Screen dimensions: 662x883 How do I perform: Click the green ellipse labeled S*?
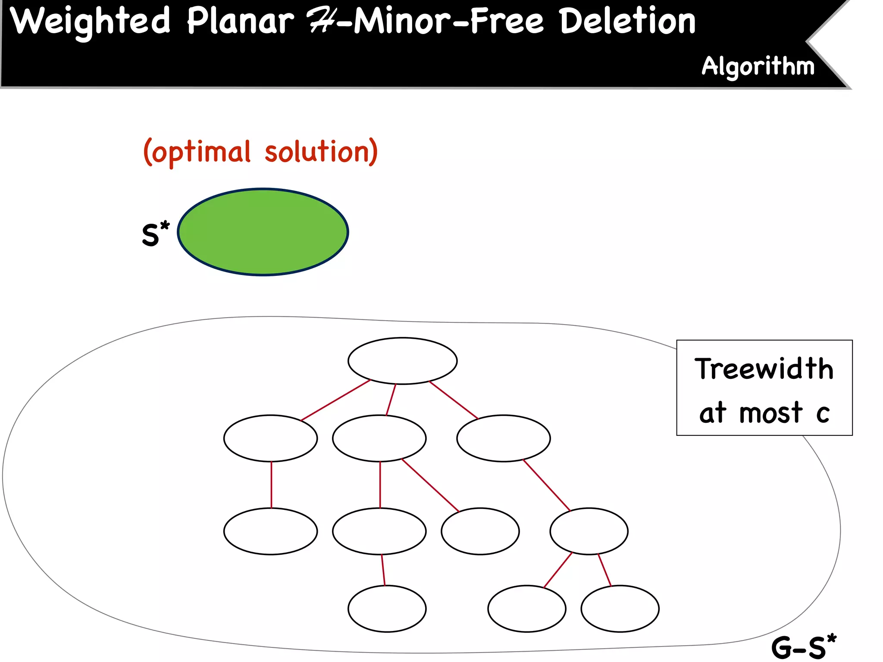263,232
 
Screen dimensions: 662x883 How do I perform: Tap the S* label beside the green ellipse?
155,235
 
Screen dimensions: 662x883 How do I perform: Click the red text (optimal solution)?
260,152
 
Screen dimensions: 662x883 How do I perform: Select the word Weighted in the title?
91,22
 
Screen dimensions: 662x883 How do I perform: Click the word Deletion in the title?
628,22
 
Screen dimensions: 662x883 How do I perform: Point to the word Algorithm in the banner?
758,67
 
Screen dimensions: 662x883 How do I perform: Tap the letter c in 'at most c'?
823,414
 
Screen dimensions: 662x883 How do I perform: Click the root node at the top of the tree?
402,361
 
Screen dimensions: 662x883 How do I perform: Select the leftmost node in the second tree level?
270,438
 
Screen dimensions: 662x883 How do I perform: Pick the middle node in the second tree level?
379,438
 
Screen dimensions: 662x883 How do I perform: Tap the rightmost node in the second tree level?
503,438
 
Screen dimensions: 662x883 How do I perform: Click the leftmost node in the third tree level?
270,531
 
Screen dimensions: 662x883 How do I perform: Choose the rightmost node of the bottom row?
620,609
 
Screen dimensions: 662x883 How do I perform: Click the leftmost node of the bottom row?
387,609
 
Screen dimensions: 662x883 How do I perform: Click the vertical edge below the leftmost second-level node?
271,485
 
